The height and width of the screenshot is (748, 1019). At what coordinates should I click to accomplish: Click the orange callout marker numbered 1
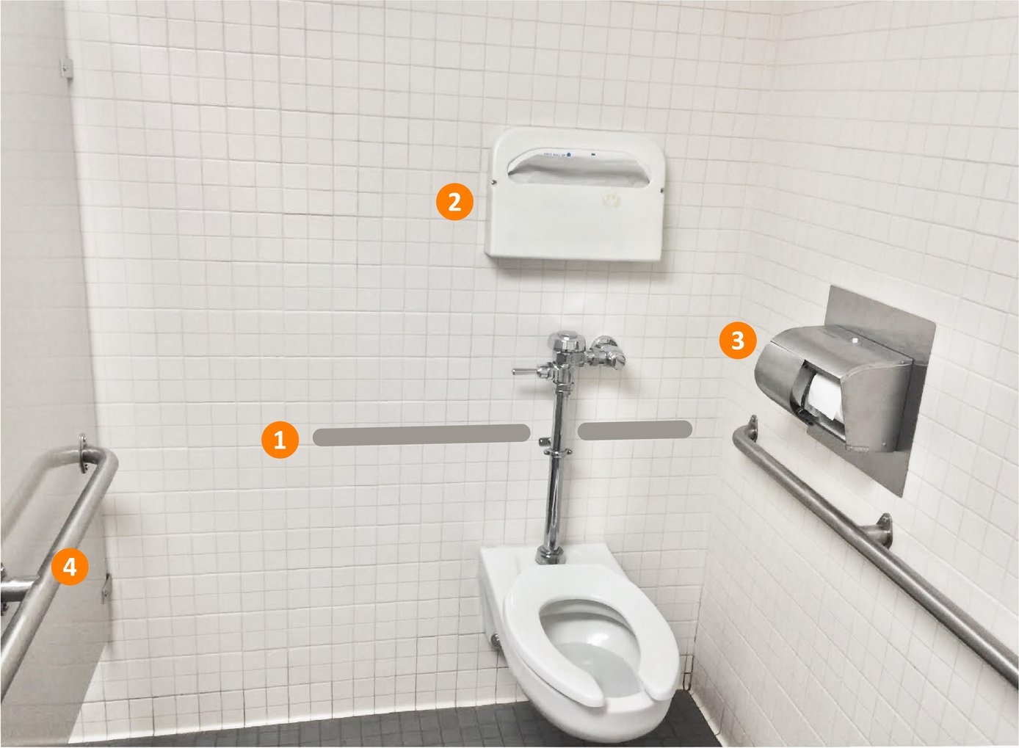click(279, 440)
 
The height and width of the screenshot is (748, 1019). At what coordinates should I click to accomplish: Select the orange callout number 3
click(738, 340)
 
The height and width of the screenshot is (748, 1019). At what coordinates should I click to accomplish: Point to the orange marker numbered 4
click(70, 567)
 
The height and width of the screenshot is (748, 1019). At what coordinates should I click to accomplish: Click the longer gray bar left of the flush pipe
click(421, 435)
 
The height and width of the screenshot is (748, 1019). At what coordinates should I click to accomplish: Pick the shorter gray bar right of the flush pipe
click(634, 430)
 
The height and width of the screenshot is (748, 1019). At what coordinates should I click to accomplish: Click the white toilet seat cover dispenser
click(574, 220)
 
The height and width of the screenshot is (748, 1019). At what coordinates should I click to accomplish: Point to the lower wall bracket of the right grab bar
click(883, 530)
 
